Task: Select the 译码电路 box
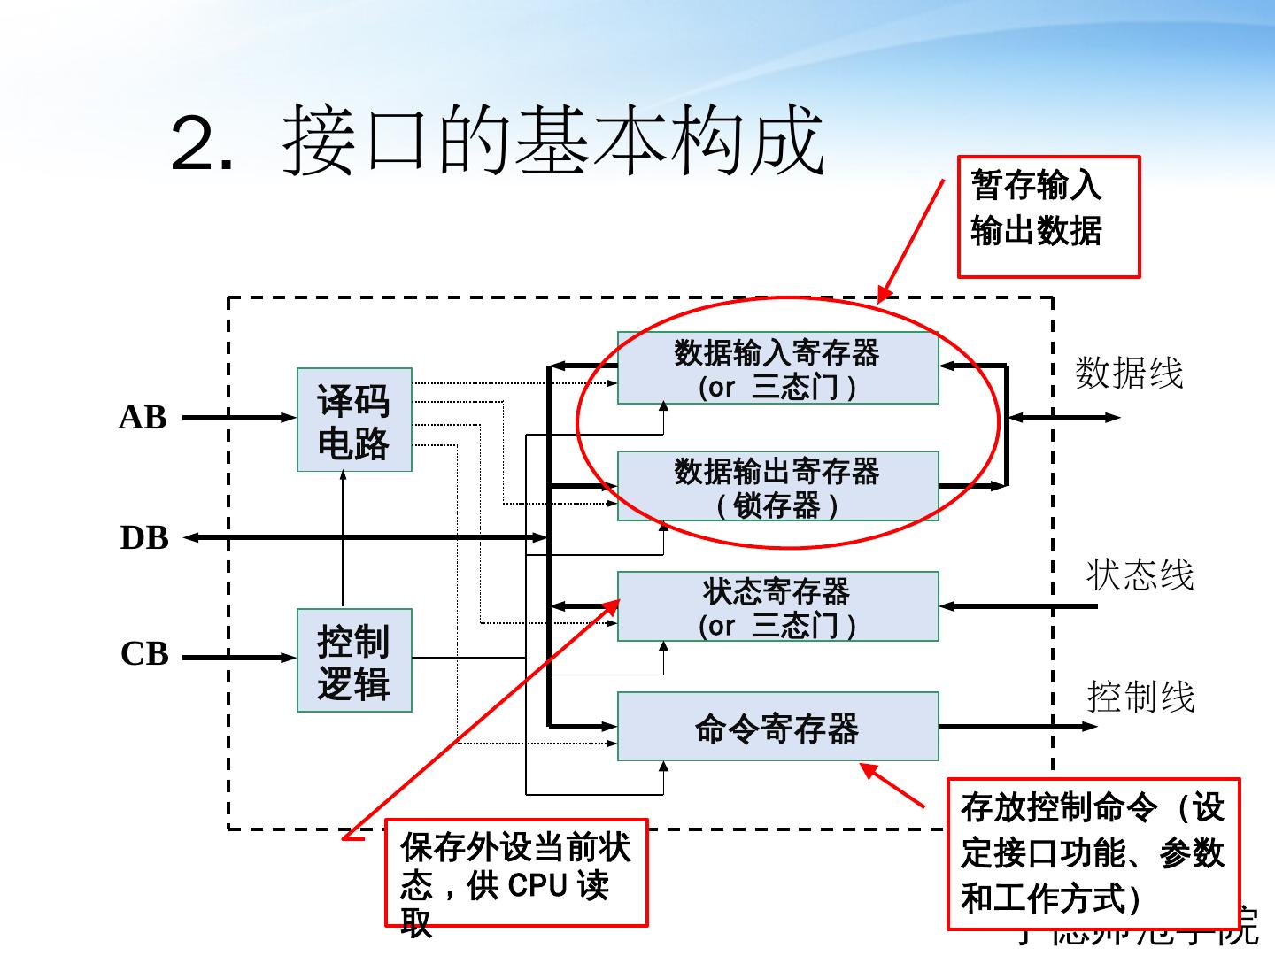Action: point(354,420)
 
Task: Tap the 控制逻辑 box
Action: point(354,660)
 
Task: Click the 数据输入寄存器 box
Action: point(777,368)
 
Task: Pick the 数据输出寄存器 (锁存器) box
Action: point(777,487)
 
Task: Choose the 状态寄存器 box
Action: point(777,606)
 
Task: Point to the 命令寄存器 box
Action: point(777,727)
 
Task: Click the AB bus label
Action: point(143,418)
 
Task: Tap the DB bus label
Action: point(143,537)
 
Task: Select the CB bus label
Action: point(143,654)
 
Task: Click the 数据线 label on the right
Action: point(1129,373)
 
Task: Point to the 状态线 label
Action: point(1140,574)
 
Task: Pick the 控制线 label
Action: point(1140,698)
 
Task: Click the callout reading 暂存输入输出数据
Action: point(1048,217)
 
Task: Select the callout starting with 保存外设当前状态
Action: point(516,873)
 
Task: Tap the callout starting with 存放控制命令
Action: point(1093,853)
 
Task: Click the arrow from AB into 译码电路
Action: point(239,418)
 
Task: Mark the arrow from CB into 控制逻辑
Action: point(239,658)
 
